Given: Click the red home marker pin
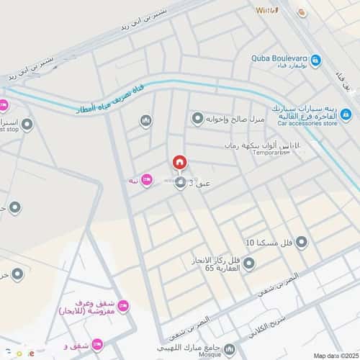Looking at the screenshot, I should click(179, 163).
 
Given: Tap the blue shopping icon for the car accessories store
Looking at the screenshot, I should click(346, 114).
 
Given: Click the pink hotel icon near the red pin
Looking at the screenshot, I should click(147, 179).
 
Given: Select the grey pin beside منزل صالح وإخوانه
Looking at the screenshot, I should click(197, 118).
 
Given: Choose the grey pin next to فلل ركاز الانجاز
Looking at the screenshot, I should click(248, 264).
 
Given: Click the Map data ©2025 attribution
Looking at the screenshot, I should click(333, 355).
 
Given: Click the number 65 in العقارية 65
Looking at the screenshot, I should click(210, 268).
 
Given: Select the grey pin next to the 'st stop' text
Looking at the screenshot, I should click(27, 125).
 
